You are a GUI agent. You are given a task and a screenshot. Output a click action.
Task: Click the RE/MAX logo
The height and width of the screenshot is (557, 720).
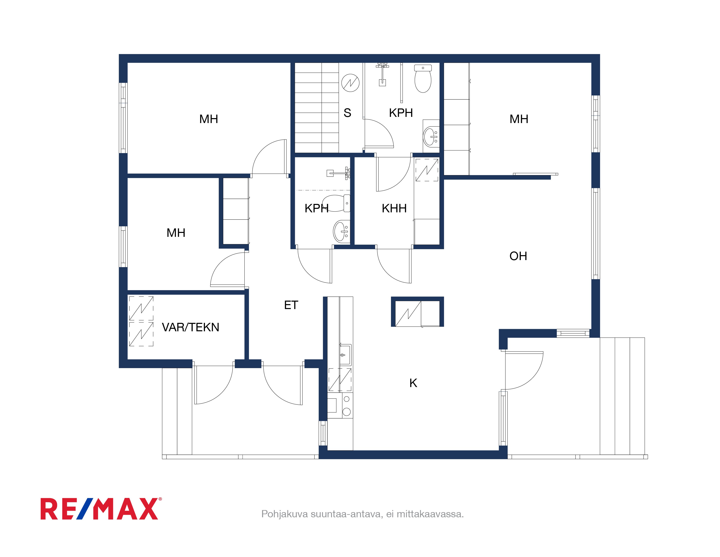coord(101,509)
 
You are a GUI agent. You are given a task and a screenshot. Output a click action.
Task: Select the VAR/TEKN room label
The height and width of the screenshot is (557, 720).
coord(191,327)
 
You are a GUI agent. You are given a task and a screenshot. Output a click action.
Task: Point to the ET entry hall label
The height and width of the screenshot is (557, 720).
coord(291,305)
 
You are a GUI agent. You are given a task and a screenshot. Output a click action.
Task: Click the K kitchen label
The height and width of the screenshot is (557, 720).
coord(413,383)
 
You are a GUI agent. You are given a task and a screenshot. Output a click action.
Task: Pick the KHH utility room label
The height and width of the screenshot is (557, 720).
coord(394,208)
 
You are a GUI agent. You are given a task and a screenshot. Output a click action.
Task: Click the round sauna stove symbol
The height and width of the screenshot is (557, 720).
coord(350,83)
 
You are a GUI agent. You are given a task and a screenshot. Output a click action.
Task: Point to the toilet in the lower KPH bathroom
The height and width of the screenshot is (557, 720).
coord(336,203)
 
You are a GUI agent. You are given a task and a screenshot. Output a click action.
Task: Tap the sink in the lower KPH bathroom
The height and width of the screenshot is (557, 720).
coord(341,231)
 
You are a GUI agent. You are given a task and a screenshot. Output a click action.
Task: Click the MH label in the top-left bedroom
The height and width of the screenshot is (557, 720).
coord(209,119)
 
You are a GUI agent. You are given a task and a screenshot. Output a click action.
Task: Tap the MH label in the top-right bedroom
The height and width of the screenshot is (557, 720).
coord(519,119)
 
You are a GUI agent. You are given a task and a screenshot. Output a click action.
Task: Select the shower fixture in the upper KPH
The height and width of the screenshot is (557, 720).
coord(382,74)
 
